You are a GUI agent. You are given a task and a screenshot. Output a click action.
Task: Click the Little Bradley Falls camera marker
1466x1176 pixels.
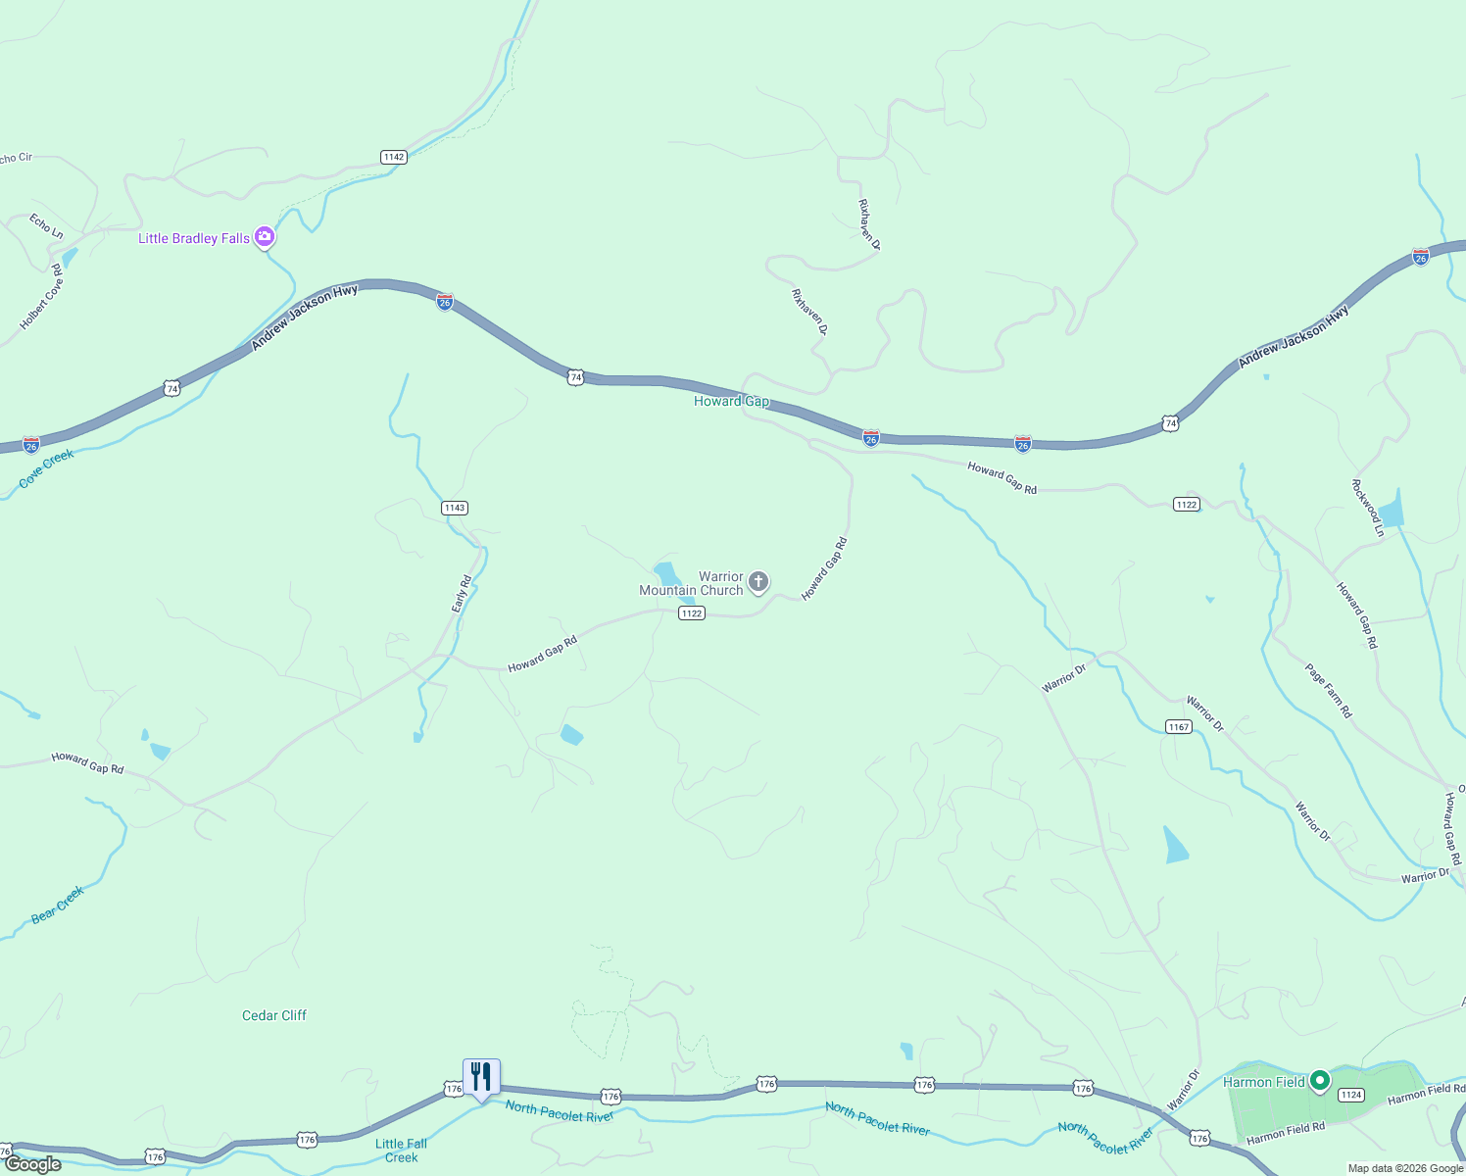coord(264,237)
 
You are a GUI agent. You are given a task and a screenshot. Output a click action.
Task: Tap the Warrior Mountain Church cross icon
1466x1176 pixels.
coord(758,582)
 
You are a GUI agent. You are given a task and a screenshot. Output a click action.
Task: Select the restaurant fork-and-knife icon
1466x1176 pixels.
coord(481,1076)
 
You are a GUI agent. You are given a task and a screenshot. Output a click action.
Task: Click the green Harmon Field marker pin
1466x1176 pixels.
coord(1320,1080)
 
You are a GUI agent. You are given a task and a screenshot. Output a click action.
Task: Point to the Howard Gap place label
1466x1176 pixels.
coord(731,401)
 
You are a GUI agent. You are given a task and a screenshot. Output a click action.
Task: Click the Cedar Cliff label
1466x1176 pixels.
coord(274,1015)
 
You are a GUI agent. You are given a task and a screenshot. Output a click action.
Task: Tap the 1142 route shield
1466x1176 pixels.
coord(394,157)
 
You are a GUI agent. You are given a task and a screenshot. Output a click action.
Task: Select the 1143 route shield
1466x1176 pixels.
coord(455,508)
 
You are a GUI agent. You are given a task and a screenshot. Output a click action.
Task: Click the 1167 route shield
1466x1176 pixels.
coord(1179,726)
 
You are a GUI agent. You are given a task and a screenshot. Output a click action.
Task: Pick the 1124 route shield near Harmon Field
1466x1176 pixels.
coord(1351,1095)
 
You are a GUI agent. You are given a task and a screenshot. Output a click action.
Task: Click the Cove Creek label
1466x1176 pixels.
coord(46,468)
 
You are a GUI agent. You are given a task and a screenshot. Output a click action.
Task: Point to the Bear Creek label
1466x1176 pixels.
coord(58,905)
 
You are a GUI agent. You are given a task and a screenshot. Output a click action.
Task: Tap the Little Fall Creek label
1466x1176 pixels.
coord(402,1151)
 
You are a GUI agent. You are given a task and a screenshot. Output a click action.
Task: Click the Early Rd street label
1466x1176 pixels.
coord(462,594)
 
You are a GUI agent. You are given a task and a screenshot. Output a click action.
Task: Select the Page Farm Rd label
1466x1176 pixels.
coord(1328,691)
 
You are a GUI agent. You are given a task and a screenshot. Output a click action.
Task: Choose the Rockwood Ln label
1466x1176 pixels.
coord(1368,508)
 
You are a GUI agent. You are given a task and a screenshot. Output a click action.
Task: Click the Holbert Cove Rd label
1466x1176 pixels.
coord(41,296)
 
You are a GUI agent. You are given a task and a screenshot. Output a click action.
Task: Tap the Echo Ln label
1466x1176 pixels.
coord(46,225)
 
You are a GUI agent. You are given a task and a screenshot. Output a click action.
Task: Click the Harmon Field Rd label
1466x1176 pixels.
coord(1286,1133)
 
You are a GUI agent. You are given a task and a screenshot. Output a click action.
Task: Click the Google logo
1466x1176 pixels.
coord(32,1164)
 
